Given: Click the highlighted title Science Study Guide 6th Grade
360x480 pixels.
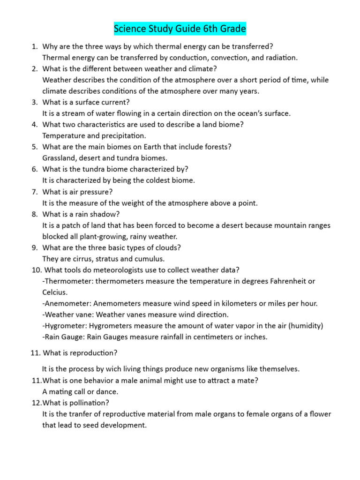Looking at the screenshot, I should click(180, 29).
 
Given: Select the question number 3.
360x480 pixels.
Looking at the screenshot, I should click(34, 102).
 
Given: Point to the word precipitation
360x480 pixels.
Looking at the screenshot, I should click(112, 135).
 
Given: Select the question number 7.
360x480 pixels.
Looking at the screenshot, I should click(34, 192).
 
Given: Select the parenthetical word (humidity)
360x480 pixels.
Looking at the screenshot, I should click(306, 326).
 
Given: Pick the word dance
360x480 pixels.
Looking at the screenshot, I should click(108, 391).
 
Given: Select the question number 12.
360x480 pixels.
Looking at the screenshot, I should click(36, 403).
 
